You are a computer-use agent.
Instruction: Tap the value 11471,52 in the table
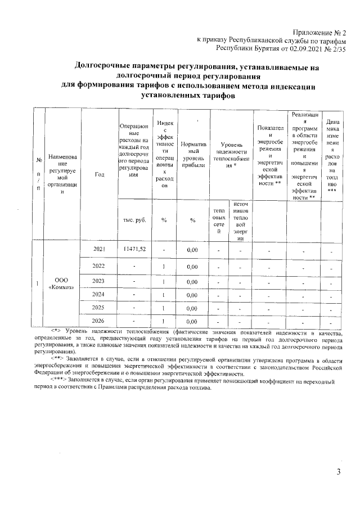134,249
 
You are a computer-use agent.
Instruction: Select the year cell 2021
99,249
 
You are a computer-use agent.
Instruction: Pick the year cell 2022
99,266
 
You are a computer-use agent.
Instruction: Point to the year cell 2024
99,295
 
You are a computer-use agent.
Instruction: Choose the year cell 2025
99,309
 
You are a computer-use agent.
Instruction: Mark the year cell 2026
99,322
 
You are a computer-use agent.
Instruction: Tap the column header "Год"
100,174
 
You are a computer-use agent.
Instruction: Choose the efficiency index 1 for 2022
164,266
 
